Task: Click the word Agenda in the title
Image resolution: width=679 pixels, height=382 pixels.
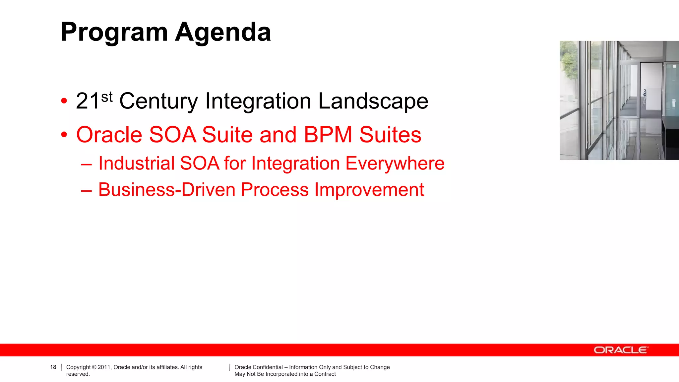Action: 223,32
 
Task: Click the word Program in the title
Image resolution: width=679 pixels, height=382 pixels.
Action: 114,32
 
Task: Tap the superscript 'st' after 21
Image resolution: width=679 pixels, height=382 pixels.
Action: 107,97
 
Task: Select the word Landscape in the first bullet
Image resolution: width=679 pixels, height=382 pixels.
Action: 373,101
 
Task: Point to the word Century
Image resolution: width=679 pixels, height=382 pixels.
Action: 158,101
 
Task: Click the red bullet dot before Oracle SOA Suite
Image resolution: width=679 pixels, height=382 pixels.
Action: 64,135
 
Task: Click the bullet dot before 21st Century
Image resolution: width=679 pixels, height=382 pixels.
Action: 64,101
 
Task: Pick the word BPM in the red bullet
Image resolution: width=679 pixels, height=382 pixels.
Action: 328,135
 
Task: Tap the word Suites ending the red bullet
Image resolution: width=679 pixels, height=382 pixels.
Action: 390,135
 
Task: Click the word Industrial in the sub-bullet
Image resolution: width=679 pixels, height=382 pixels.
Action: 136,163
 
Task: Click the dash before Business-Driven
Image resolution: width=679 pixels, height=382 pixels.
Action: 86,190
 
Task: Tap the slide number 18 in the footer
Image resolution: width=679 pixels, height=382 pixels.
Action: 53,367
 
